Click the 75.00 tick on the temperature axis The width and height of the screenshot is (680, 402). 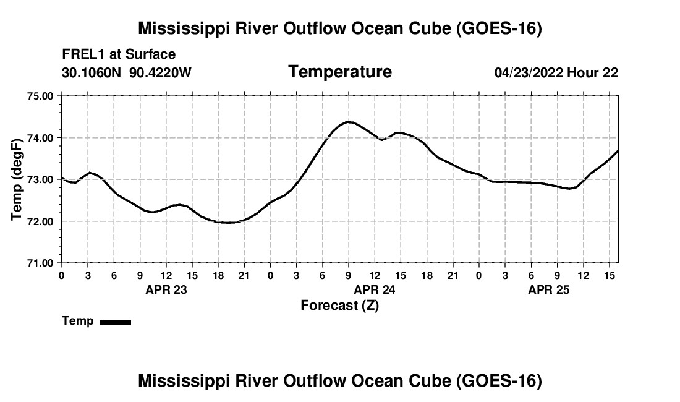(x=40, y=96)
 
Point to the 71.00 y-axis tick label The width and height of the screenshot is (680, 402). (x=40, y=263)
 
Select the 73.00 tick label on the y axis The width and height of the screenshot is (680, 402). (x=40, y=179)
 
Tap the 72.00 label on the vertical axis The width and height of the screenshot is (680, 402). (x=40, y=221)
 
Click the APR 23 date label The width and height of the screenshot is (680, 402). (x=166, y=289)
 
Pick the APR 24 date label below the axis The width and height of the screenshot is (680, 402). (x=375, y=289)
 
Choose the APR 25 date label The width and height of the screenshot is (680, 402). (x=548, y=289)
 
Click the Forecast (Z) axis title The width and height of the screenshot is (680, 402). (x=340, y=306)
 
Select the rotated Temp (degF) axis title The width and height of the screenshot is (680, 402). (x=17, y=179)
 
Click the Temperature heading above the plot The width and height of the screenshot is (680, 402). (x=340, y=72)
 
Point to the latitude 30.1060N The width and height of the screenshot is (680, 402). (x=91, y=72)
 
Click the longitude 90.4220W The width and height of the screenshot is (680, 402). (x=160, y=72)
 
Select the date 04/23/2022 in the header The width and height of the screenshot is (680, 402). (x=529, y=72)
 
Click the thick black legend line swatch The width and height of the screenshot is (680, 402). (x=116, y=322)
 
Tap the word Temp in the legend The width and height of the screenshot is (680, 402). (x=78, y=321)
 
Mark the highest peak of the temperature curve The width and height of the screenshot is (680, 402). (x=348, y=122)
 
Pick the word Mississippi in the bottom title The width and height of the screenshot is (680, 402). (x=184, y=381)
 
